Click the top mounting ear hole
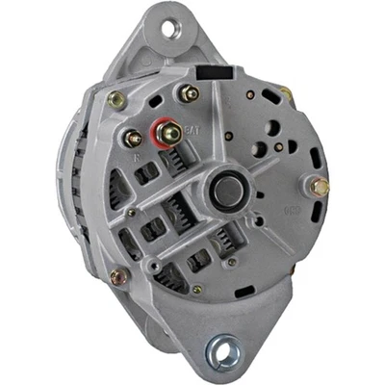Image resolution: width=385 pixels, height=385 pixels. tap(173, 29)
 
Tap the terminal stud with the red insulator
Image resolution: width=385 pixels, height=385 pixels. tap(172, 132)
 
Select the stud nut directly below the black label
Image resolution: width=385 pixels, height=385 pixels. tap(189, 93)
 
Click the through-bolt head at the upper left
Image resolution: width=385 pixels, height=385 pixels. tap(117, 98)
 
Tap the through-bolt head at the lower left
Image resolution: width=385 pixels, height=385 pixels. tap(118, 277)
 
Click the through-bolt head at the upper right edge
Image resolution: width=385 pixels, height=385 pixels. tap(287, 93)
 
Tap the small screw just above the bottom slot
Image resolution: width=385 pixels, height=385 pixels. tap(197, 287)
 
